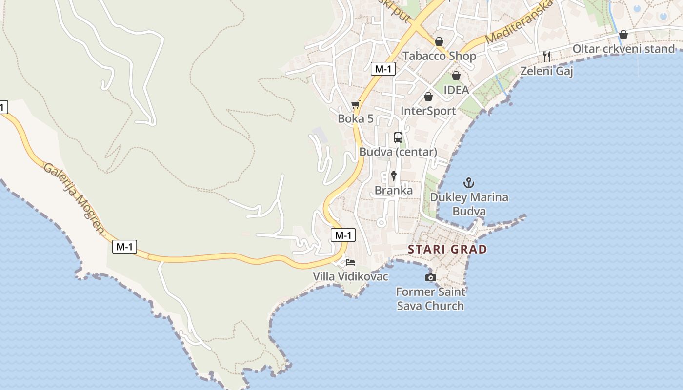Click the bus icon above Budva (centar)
click(398, 137)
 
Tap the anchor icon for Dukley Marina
click(468, 183)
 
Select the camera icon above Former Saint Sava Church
click(430, 278)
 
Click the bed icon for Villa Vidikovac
click(350, 262)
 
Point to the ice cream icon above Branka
click(394, 176)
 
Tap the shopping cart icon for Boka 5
click(355, 105)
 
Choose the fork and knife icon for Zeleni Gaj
click(547, 57)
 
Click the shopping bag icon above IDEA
click(456, 76)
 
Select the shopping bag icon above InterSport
click(428, 97)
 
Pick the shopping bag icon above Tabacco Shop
click(439, 41)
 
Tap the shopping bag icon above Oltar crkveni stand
click(623, 35)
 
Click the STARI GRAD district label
click(447, 250)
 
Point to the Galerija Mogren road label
click(74, 198)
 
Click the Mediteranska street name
click(520, 22)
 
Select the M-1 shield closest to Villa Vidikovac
click(343, 235)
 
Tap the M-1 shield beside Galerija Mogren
click(124, 247)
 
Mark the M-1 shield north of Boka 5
click(382, 69)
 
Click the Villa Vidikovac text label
click(350, 277)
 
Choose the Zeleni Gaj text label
click(546, 71)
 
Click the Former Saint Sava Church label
click(430, 299)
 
